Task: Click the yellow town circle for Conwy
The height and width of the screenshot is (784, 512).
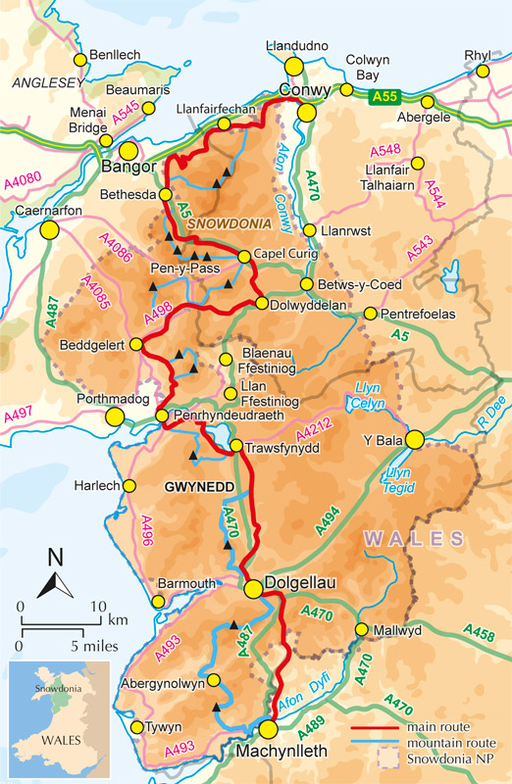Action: click(x=307, y=113)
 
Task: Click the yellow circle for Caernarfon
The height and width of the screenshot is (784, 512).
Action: click(x=49, y=229)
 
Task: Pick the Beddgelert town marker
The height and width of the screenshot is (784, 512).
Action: click(x=143, y=344)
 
